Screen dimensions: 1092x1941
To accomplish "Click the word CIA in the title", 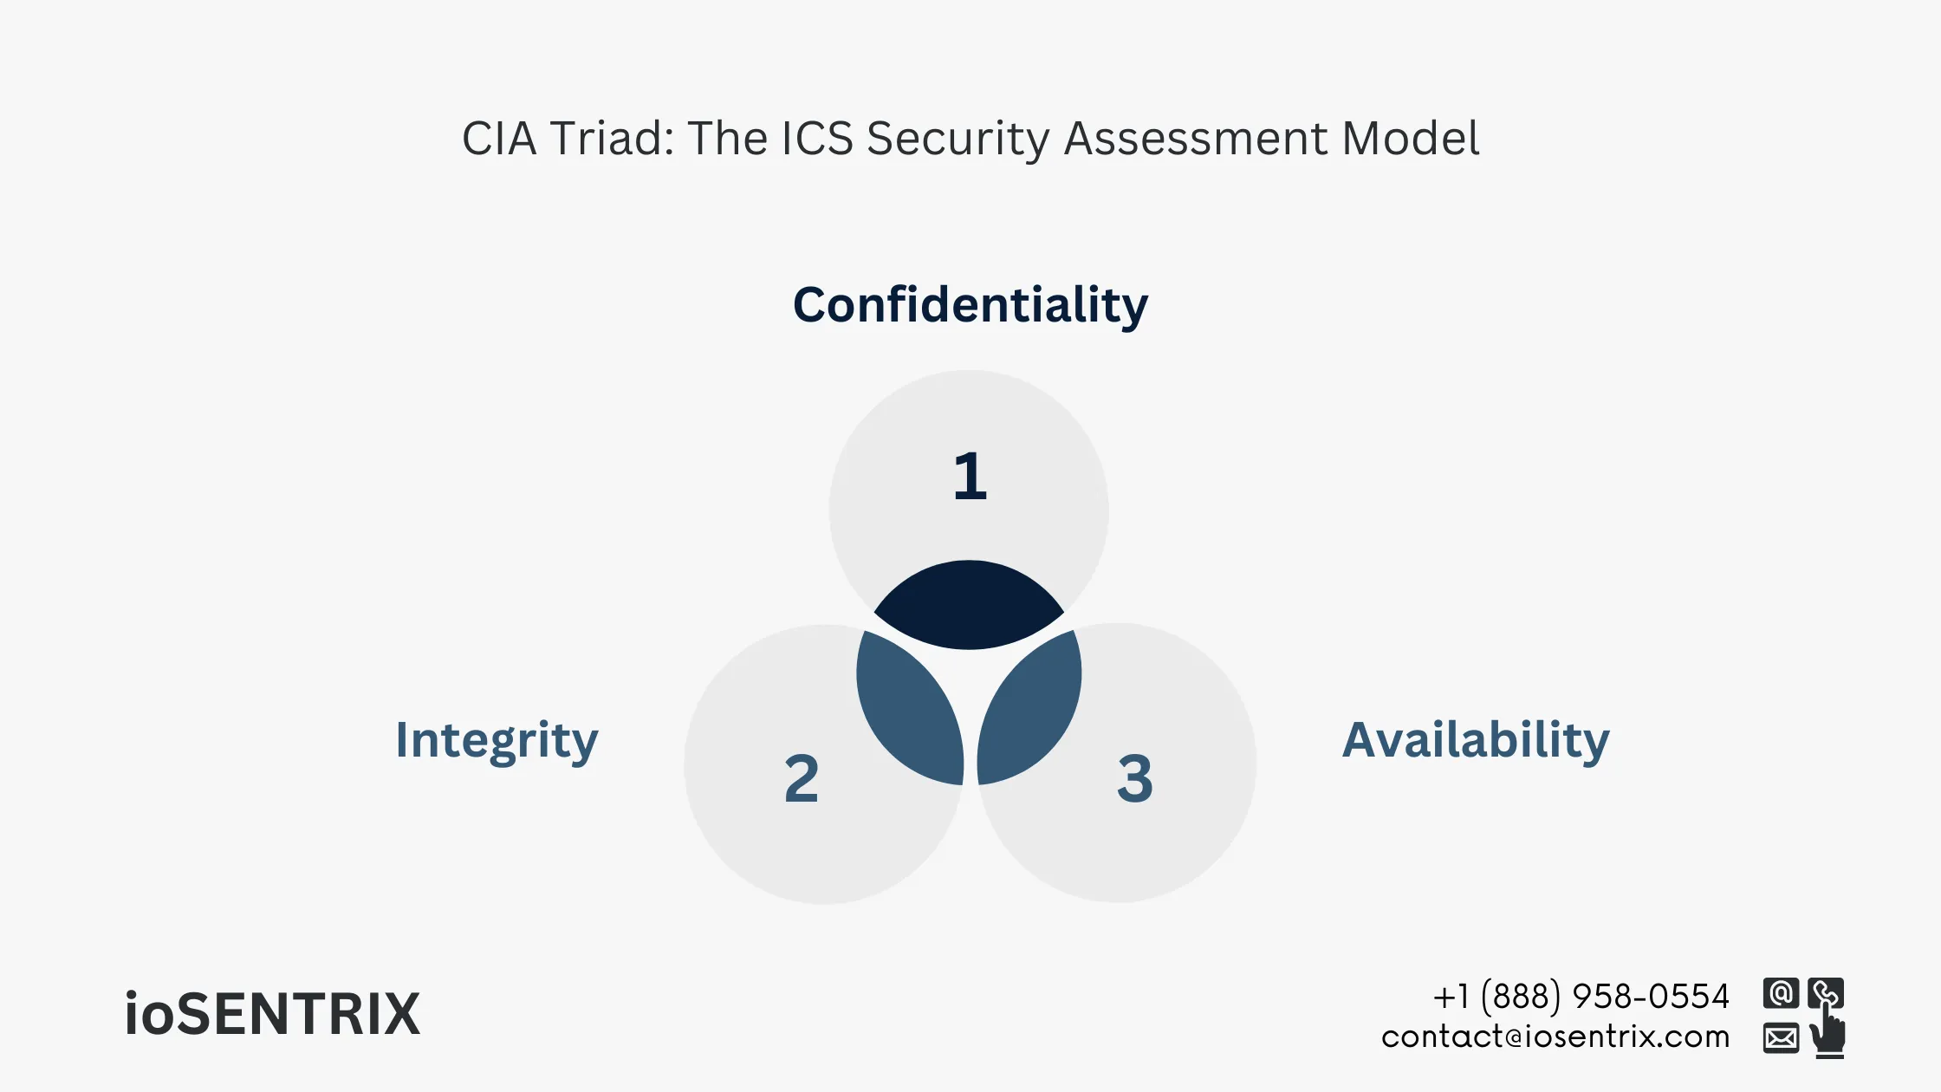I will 499,139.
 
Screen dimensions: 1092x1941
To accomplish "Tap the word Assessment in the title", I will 1195,139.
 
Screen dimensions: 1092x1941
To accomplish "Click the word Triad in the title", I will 612,139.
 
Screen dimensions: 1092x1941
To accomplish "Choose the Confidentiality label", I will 970,306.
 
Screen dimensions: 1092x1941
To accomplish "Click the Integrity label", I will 497,741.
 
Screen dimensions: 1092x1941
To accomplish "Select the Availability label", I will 1476,741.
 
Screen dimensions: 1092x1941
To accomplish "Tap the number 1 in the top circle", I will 970,477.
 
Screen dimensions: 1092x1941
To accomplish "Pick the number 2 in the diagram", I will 802,778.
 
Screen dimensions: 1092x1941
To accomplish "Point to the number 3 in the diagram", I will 1135,778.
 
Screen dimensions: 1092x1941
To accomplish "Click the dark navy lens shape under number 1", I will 969,607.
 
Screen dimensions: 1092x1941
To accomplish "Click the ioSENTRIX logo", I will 272,1014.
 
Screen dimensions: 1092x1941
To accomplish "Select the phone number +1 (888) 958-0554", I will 1581,997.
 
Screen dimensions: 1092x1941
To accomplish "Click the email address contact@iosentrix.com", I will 1555,1037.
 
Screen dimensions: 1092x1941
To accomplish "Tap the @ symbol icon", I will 1781,993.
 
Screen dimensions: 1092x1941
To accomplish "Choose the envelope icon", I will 1781,1037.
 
